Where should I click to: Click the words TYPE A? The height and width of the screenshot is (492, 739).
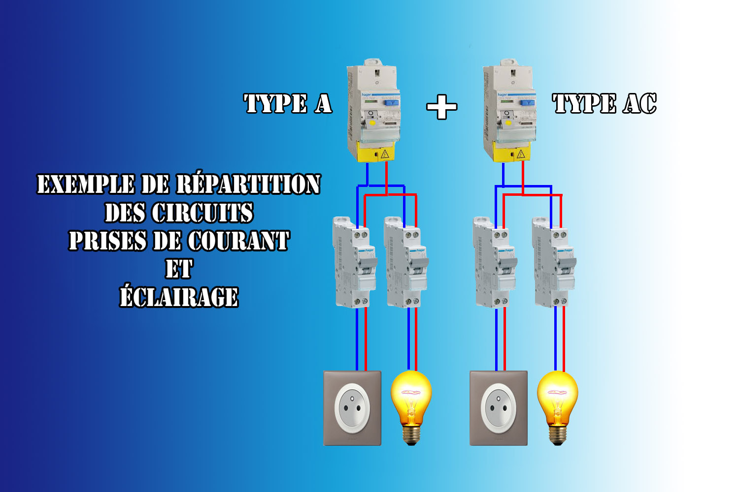click(x=288, y=104)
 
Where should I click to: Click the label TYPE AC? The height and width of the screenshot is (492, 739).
click(x=605, y=104)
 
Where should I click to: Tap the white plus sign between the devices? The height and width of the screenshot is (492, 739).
click(x=441, y=106)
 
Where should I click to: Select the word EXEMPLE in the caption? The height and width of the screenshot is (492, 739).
click(x=86, y=184)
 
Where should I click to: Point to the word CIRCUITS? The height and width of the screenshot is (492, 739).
click(x=202, y=213)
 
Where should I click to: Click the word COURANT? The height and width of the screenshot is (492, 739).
click(x=238, y=241)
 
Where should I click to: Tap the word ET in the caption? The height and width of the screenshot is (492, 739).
click(x=179, y=269)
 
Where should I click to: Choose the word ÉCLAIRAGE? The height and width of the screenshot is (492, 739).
click(x=179, y=297)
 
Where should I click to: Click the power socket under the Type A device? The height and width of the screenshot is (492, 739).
click(x=352, y=408)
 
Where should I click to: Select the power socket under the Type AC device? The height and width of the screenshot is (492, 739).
click(x=499, y=408)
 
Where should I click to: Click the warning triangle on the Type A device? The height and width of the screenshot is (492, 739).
click(x=385, y=154)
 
